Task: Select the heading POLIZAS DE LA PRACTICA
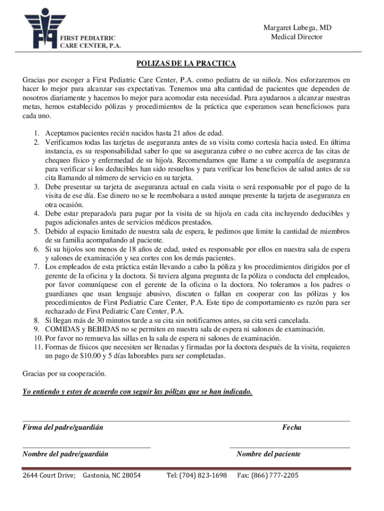[x=187, y=64]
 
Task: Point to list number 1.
[x=37, y=133]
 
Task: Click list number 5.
[x=37, y=231]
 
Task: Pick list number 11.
[x=35, y=347]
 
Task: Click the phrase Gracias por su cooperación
[x=64, y=373]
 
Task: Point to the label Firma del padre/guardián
[x=59, y=428]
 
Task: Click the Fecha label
[x=292, y=428]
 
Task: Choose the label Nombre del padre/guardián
[x=66, y=454]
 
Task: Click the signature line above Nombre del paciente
[x=289, y=448]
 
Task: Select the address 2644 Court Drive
[x=48, y=475]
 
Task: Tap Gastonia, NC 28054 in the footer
[x=112, y=475]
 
